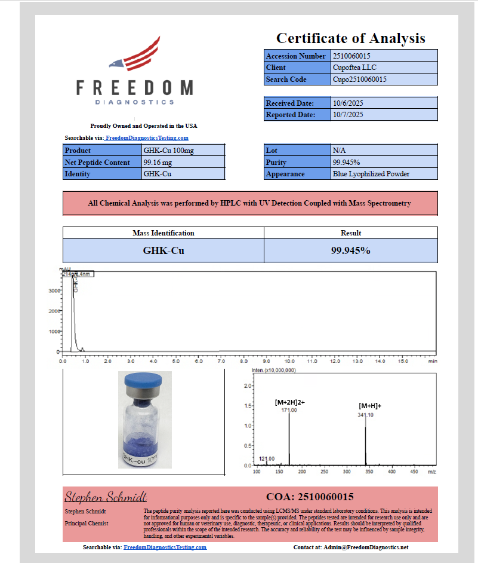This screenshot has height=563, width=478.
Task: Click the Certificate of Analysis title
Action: [350, 38]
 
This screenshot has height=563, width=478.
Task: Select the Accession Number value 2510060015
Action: [356, 56]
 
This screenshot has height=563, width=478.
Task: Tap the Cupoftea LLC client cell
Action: [354, 68]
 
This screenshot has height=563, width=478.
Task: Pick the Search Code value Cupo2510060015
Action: [359, 79]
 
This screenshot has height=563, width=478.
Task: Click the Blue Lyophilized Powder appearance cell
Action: [371, 174]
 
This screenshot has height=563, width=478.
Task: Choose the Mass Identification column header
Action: [163, 232]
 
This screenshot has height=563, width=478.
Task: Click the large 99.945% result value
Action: [350, 250]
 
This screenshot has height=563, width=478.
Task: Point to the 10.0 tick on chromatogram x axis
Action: [289, 361]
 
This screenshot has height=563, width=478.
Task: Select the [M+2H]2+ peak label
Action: [289, 402]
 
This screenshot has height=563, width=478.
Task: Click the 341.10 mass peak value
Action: [366, 415]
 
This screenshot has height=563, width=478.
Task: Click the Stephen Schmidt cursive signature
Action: [106, 497]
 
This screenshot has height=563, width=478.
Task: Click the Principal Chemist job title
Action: [86, 524]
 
